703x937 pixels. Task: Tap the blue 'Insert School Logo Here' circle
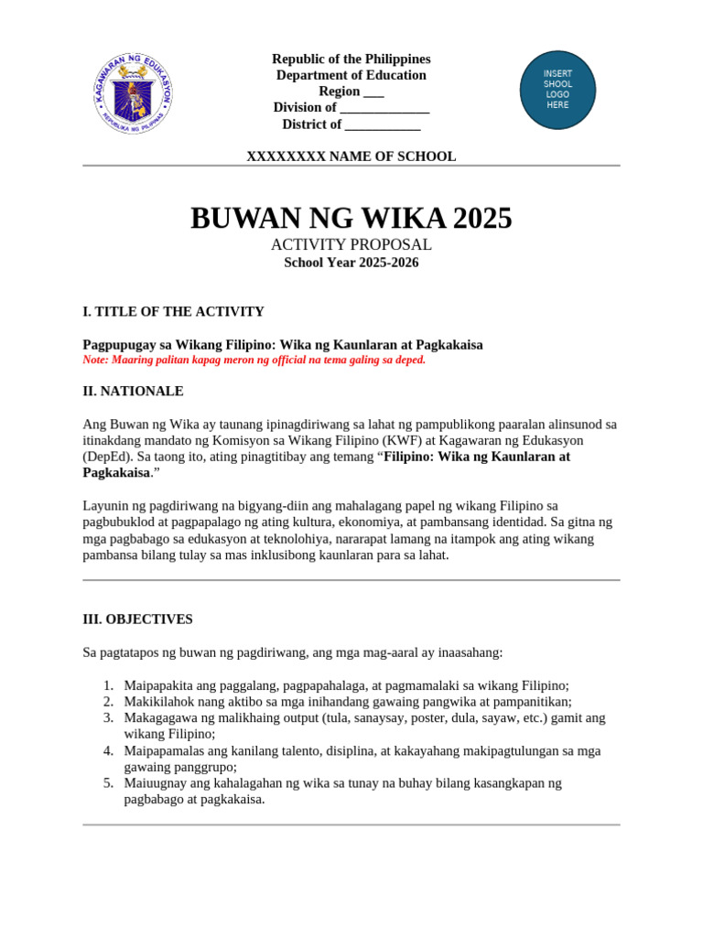coord(557,90)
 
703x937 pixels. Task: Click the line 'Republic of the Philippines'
coord(351,59)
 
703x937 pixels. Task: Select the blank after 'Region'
coord(373,92)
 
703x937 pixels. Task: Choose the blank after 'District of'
coord(383,125)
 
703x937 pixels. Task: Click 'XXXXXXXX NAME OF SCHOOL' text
coord(351,156)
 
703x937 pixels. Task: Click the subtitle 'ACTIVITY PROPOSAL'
coord(351,245)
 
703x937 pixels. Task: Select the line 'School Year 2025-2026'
coord(351,263)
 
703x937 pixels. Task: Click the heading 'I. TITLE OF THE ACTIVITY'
coord(173,311)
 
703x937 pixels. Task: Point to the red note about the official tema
coord(254,361)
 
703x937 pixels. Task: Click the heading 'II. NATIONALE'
coord(133,391)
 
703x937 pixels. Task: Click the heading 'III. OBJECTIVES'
coord(137,619)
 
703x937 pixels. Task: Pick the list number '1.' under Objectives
coord(108,685)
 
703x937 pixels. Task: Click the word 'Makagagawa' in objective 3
coord(160,718)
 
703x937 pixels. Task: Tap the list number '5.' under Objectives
coord(108,783)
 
